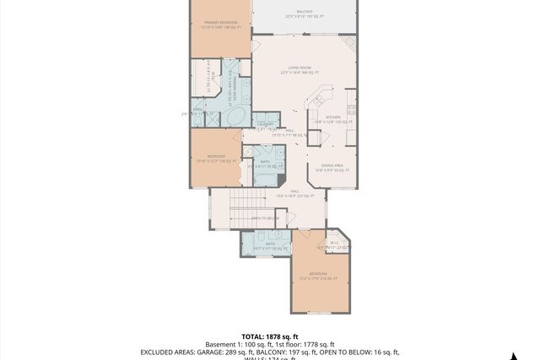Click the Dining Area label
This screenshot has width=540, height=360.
pos(331,167)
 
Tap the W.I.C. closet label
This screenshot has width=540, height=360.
pos(334,243)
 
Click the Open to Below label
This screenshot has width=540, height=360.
pos(265,218)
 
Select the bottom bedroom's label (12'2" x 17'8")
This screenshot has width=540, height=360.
pos(317,275)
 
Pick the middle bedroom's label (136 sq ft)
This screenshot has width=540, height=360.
pos(216,158)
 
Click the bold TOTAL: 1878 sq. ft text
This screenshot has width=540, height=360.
pos(269,335)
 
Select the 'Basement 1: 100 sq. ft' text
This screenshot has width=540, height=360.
pos(235,343)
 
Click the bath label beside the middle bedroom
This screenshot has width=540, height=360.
pos(265,163)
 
